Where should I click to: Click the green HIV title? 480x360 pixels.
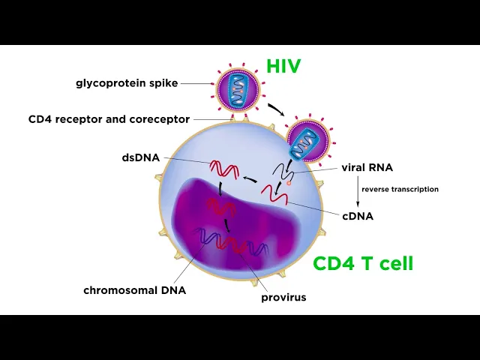(x=283, y=66)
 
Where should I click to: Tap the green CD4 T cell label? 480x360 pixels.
(x=363, y=263)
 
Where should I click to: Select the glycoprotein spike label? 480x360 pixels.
(x=127, y=83)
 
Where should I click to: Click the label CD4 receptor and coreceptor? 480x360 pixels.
(x=109, y=119)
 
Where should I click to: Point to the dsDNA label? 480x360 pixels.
(x=140, y=158)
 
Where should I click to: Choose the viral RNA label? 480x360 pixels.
(x=367, y=167)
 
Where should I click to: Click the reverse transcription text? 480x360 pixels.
(x=400, y=190)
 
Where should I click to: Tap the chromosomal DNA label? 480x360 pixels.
(x=135, y=290)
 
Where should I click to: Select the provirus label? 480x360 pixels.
(x=283, y=297)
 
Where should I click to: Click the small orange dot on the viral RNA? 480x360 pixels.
(x=289, y=181)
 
